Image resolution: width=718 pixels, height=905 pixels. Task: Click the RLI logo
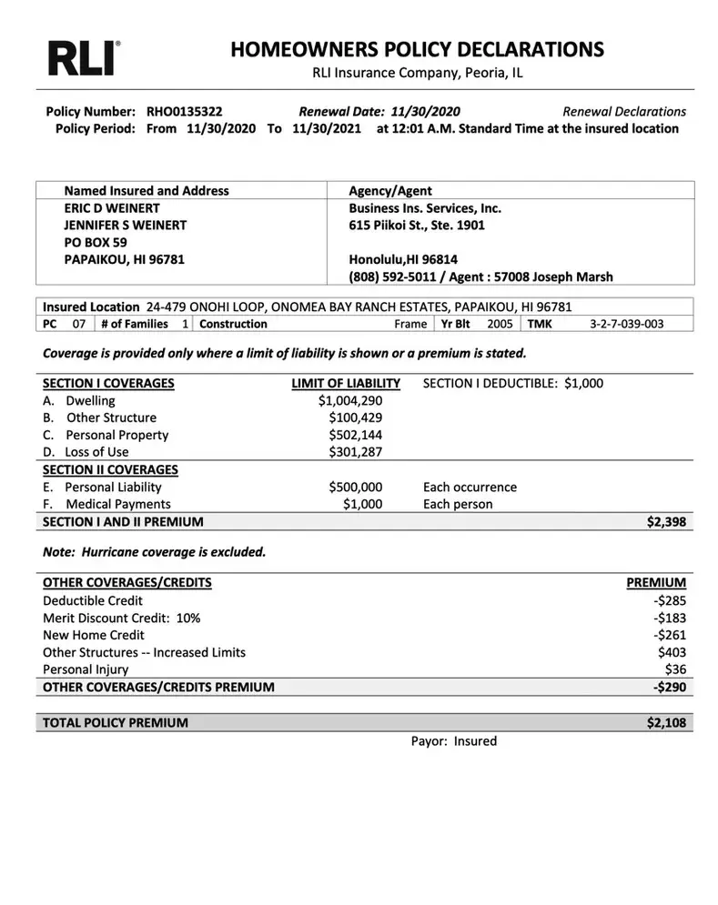(83, 57)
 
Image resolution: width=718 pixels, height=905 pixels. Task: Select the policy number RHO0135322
(184, 112)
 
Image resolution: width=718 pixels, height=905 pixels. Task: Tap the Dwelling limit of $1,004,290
(350, 401)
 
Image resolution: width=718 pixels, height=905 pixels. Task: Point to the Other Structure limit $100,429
(355, 418)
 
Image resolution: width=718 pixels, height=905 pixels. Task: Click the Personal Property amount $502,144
(355, 436)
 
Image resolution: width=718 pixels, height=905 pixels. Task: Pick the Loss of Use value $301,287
(355, 452)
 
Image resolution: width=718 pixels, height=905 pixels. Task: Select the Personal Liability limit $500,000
(355, 488)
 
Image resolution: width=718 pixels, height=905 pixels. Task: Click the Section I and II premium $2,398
(666, 522)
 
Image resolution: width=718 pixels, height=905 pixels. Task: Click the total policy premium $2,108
(666, 723)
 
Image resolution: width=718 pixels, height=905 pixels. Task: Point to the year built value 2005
(500, 324)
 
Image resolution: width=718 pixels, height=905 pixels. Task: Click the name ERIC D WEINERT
(112, 208)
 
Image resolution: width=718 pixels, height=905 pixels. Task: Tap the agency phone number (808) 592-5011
(391, 277)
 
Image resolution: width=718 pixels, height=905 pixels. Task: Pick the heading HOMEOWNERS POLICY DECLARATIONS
(417, 49)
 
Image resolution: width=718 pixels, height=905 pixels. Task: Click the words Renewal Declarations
(624, 112)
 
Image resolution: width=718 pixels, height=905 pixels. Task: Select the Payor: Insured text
(453, 741)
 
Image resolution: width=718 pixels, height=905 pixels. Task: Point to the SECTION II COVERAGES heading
(110, 470)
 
